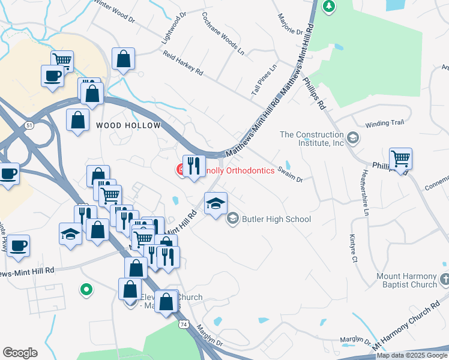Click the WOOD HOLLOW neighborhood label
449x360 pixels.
tap(128, 125)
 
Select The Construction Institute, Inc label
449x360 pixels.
tap(312, 139)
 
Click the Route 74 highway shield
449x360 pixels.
tap(182, 323)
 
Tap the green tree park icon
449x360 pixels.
tap(328, 7)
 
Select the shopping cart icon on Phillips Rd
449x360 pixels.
tap(400, 159)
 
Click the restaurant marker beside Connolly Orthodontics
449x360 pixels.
tap(194, 166)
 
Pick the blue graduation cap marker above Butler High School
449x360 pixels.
tap(216, 203)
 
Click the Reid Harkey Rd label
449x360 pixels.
tap(183, 62)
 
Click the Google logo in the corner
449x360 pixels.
tap(20, 353)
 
